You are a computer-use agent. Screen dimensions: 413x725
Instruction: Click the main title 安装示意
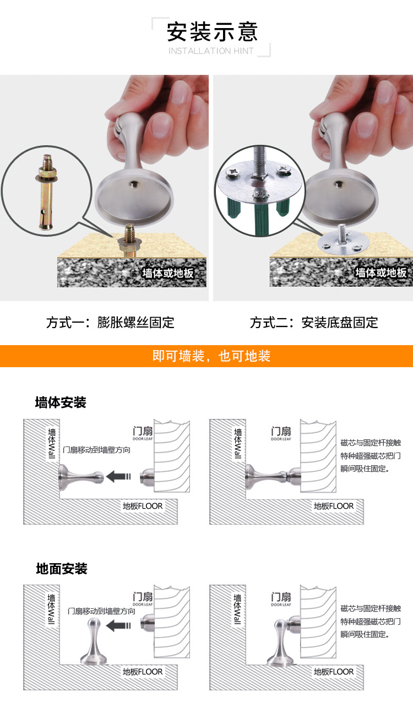[x=212, y=32]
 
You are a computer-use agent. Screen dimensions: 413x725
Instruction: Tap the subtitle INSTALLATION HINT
[x=211, y=51]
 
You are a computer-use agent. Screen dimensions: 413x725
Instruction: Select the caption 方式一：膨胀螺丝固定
[x=110, y=323]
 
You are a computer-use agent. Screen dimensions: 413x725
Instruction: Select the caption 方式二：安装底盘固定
[x=314, y=323]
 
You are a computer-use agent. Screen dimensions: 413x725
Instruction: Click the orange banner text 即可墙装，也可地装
[x=211, y=356]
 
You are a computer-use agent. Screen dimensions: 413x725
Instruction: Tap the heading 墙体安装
[x=61, y=402]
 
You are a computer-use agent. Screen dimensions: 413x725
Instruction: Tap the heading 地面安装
[x=62, y=569]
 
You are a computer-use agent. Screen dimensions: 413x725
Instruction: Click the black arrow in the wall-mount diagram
[x=118, y=476]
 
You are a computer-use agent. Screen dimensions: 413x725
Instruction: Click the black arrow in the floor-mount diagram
[x=118, y=625]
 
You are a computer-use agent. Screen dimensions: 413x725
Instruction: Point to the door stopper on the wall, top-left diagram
[x=81, y=477]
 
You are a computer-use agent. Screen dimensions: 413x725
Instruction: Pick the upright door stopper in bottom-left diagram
[x=94, y=641]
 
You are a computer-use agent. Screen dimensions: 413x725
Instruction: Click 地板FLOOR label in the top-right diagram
[x=333, y=506]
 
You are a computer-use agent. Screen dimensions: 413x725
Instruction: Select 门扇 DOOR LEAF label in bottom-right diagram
[x=281, y=599]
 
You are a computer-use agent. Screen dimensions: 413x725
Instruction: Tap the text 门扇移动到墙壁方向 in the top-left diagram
[x=96, y=450]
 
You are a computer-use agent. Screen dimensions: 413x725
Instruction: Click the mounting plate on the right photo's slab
[x=343, y=242]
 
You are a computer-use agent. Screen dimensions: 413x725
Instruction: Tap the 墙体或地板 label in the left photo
[x=168, y=273]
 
